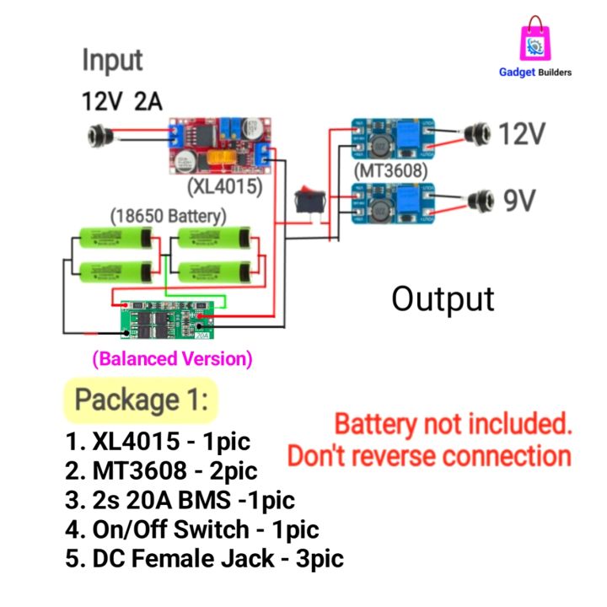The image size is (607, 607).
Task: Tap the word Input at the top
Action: pos(112,61)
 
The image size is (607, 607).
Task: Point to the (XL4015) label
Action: pos(224,186)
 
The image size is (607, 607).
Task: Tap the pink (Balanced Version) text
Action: pos(172,358)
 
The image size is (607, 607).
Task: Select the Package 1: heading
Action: pos(141,400)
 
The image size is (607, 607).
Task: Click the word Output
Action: pos(443,298)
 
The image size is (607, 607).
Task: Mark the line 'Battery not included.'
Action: pos(453,423)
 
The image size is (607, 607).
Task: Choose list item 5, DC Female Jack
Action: pos(204,557)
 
